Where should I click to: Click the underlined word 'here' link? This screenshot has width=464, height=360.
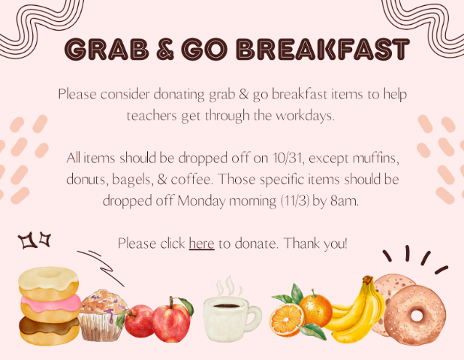(x=201, y=244)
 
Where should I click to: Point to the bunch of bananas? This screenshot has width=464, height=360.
(x=359, y=309)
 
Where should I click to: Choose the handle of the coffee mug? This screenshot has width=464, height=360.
(x=255, y=316)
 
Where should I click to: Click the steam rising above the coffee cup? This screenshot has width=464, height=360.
(x=227, y=286)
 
